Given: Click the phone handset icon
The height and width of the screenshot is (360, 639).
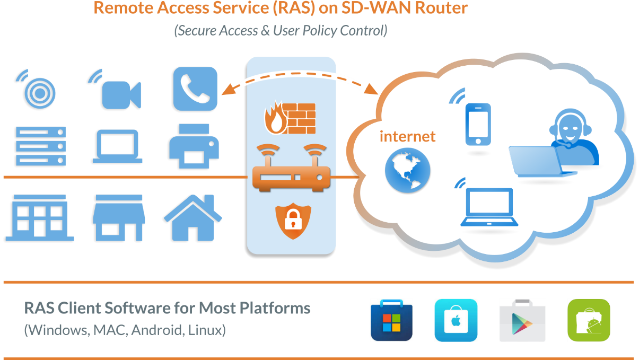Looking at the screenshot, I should [195, 89].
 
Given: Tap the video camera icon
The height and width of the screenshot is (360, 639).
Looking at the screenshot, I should [121, 94].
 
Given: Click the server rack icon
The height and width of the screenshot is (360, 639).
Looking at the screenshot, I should [41, 146].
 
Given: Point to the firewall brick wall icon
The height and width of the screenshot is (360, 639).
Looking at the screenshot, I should [290, 118].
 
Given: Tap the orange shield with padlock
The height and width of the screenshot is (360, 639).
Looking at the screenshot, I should [293, 222].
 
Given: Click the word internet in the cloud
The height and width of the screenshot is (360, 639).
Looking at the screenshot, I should [407, 136].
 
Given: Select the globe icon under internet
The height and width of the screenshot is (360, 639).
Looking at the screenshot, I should [408, 170].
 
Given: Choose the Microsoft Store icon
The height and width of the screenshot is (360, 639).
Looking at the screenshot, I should [391, 320].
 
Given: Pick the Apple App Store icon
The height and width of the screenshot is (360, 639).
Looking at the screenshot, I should [456, 320].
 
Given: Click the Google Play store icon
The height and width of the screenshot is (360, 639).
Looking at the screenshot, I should [521, 320].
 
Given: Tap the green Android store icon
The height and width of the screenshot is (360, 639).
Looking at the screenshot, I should [589, 320].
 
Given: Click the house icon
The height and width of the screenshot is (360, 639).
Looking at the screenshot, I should [193, 217].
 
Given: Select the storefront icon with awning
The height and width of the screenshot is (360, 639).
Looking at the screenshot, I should [119, 217].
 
